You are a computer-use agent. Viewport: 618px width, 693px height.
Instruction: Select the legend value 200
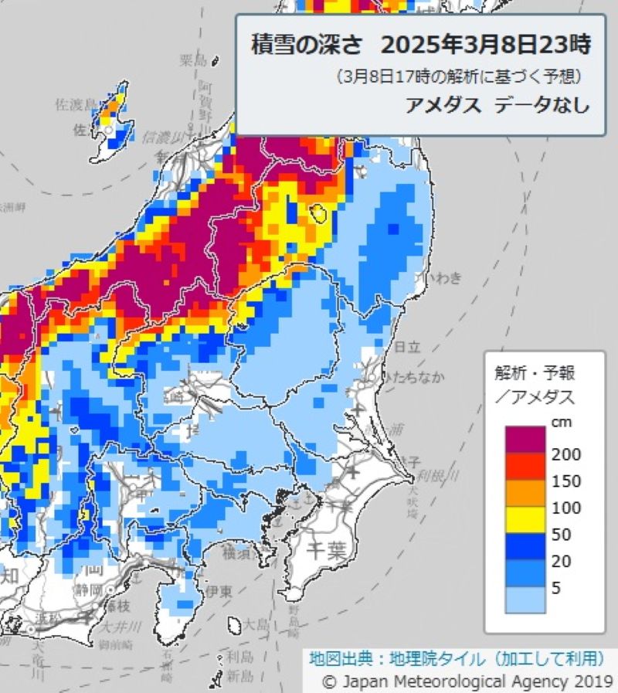566,454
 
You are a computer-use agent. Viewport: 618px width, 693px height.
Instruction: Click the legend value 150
566,481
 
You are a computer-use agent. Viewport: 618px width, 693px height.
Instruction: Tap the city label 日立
406,348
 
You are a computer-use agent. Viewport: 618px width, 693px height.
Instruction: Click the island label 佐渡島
76,104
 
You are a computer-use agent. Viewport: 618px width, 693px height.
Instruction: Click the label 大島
254,623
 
